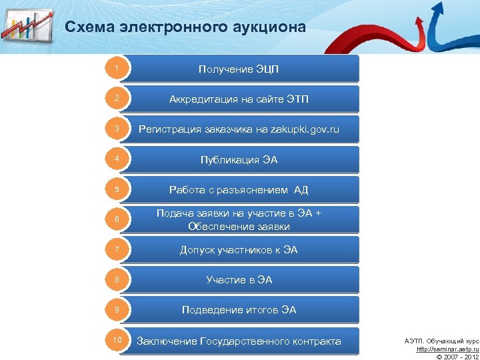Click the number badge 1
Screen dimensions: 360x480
click(x=116, y=68)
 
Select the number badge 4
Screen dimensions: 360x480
click(x=116, y=159)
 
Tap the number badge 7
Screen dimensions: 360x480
click(x=116, y=250)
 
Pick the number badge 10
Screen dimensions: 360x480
click(x=116, y=341)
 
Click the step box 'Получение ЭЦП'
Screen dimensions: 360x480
click(x=239, y=69)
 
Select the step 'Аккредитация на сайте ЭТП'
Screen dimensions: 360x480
click(x=239, y=99)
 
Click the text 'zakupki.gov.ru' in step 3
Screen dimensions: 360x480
click(x=305, y=129)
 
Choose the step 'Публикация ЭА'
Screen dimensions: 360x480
click(x=239, y=160)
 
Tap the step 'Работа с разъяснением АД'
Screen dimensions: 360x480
click(x=239, y=190)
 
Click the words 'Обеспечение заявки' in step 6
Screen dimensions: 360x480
click(x=239, y=226)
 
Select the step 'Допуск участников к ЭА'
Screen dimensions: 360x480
click(x=239, y=250)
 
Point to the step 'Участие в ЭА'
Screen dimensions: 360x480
click(x=239, y=280)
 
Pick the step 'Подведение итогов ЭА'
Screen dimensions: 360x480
click(x=239, y=310)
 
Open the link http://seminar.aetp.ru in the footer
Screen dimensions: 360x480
click(x=447, y=349)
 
